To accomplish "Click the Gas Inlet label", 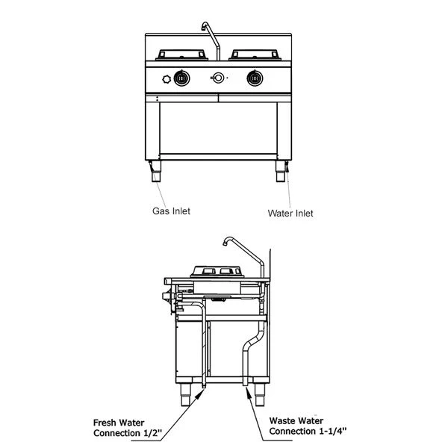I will coord(171,211).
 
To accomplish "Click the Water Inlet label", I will coord(290,213).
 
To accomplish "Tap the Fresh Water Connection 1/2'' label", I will coord(127,427).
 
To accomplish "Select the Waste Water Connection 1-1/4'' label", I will coord(307,426).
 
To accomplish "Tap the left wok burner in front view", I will coord(180,55).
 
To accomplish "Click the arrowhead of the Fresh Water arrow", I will coord(200,393).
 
